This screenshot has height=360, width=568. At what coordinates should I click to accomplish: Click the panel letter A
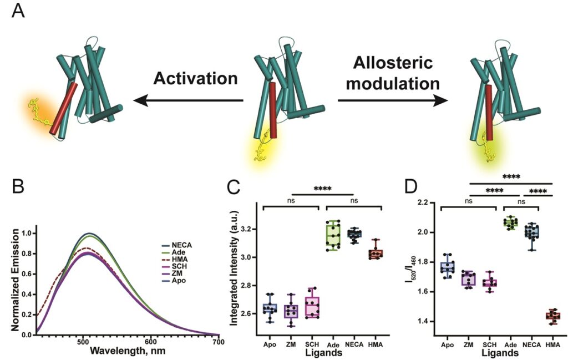[x=18, y=12]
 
